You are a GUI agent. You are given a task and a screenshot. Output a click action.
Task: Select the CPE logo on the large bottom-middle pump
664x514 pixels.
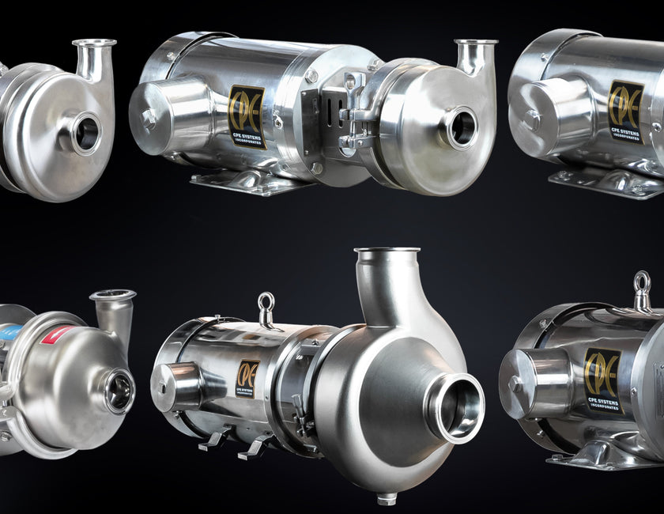tap(248, 379)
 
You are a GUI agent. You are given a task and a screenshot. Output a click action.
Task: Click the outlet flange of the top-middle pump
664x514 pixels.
tap(476, 43)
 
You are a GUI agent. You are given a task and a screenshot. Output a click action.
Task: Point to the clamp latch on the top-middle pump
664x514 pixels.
tap(352, 127)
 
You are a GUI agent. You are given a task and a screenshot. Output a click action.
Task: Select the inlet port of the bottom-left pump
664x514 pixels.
tap(119, 389)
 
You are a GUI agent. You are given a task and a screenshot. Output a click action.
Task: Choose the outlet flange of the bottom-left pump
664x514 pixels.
tap(112, 297)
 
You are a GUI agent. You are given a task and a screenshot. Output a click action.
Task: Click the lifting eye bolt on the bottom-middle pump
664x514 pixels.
tap(266, 308)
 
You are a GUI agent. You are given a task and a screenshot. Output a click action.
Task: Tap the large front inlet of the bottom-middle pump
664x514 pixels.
tap(457, 407)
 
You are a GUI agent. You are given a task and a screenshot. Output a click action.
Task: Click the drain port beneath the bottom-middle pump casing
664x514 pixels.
tap(387, 497)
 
